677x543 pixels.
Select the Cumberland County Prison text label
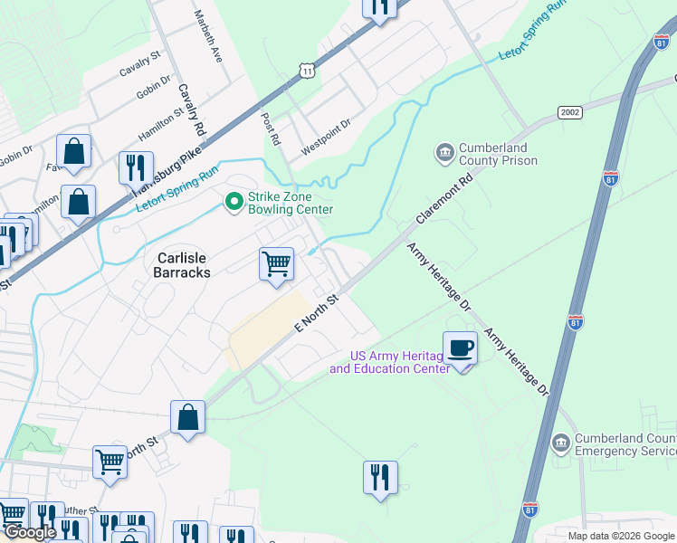(x=498, y=155)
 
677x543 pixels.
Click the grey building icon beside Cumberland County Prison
(x=444, y=154)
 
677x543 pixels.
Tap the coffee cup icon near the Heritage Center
(x=460, y=348)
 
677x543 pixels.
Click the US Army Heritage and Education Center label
(x=389, y=362)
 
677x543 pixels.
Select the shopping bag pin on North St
(x=187, y=417)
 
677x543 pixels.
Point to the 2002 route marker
(x=570, y=112)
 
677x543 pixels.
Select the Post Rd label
(x=270, y=129)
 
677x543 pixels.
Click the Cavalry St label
(x=139, y=63)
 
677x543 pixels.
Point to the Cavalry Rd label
(x=191, y=110)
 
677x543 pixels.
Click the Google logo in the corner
(x=30, y=532)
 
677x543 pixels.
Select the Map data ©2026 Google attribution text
(x=622, y=536)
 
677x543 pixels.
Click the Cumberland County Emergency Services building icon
(x=560, y=443)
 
